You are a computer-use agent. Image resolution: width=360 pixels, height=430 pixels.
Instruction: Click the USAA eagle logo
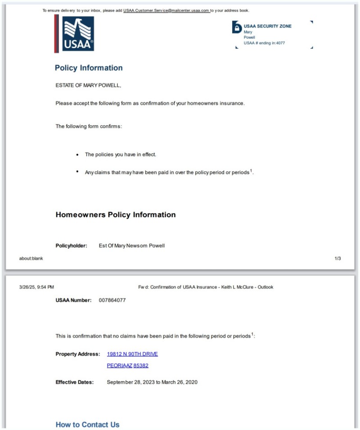[78, 34]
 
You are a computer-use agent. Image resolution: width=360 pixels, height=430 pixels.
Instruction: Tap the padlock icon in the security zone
[237, 27]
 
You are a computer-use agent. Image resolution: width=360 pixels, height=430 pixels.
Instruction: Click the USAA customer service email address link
[166, 10]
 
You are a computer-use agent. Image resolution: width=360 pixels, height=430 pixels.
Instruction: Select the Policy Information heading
[89, 68]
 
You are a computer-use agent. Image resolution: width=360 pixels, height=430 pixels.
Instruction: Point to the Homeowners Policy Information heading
[116, 215]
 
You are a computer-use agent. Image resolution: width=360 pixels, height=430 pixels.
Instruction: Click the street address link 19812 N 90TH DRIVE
[132, 354]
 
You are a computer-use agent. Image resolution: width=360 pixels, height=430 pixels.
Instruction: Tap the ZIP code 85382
[141, 366]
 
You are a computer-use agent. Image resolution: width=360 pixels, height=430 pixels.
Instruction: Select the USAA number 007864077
[112, 300]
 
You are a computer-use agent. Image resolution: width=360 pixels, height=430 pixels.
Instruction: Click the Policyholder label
[71, 246]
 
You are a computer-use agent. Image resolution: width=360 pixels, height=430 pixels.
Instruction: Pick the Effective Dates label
[75, 382]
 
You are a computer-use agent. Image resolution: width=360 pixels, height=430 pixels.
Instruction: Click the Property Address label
[78, 354]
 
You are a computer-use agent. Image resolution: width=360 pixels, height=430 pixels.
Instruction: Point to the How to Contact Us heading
[87, 425]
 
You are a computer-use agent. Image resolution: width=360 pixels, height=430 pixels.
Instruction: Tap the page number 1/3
[337, 258]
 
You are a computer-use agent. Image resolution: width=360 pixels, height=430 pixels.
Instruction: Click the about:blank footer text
[31, 259]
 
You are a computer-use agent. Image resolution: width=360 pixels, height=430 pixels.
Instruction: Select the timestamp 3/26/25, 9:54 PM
[36, 287]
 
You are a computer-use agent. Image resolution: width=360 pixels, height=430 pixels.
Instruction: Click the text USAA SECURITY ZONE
[267, 26]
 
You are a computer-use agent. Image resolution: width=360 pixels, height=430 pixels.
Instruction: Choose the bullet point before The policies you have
[78, 154]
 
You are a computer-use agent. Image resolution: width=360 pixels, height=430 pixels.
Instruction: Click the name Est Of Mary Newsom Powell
[132, 246]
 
